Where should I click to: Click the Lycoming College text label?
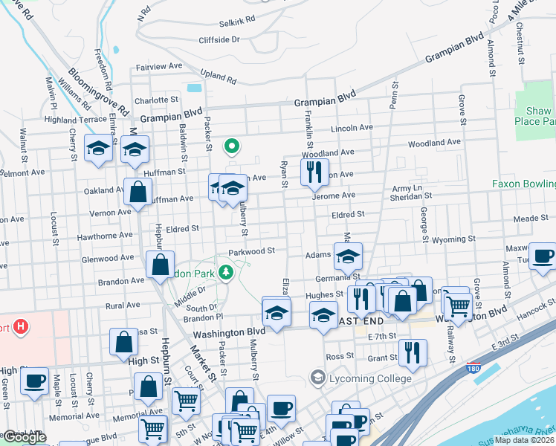click(x=372, y=378)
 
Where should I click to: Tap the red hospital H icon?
click(x=21, y=326)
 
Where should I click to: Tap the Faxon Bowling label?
click(x=523, y=184)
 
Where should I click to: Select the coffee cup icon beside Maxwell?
click(x=542, y=256)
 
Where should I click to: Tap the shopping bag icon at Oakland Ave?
click(x=138, y=192)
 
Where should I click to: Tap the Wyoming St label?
click(x=456, y=239)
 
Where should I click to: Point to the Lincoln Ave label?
click(x=352, y=128)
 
